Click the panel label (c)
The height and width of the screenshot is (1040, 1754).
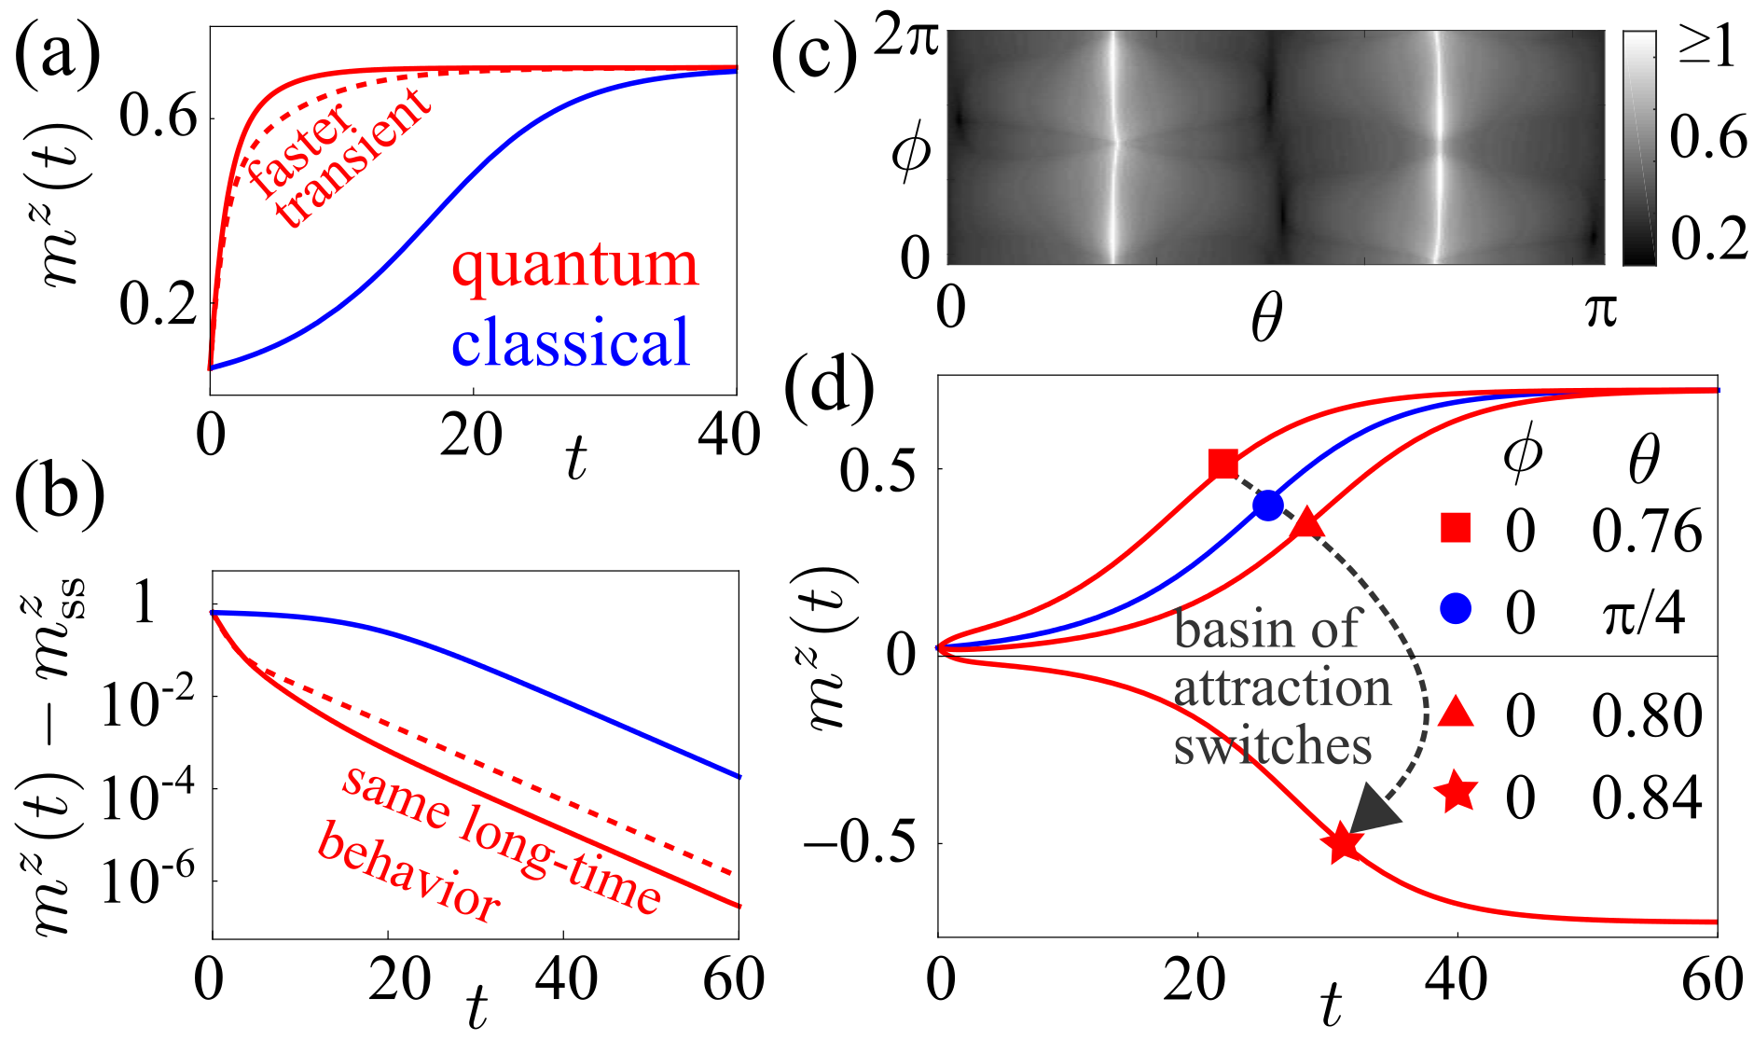(814, 58)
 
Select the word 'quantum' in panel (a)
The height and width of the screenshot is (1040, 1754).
(574, 265)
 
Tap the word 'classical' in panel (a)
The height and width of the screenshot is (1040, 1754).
(571, 342)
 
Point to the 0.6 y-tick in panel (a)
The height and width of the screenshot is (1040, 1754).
(159, 118)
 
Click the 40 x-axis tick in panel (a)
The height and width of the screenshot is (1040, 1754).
(728, 435)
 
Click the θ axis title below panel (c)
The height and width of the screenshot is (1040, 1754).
(1265, 319)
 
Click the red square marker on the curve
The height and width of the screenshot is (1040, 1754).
(1223, 464)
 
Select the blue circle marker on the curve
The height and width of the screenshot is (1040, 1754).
(1268, 506)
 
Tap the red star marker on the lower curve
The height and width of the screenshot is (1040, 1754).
(1342, 844)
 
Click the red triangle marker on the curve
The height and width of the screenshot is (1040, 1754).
(1307, 525)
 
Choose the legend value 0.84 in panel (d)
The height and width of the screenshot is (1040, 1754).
(1647, 798)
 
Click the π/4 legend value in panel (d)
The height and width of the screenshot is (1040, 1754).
(1643, 614)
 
